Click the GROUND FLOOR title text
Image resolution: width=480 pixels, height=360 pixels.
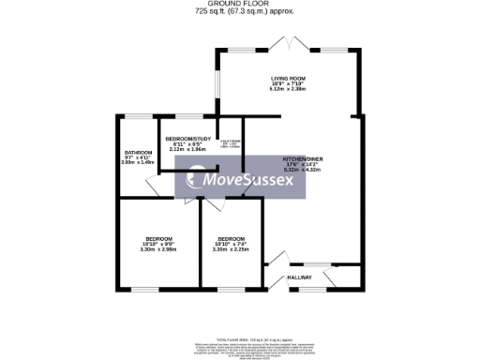tap(240, 4)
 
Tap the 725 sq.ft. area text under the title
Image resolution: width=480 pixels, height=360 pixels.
tap(240, 11)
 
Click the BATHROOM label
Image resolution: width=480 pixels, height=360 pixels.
tap(138, 151)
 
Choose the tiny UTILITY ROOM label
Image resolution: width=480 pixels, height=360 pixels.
tap(230, 142)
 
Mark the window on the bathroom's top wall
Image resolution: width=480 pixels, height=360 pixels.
tap(138, 116)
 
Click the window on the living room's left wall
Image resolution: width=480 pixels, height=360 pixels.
tap(217, 85)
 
